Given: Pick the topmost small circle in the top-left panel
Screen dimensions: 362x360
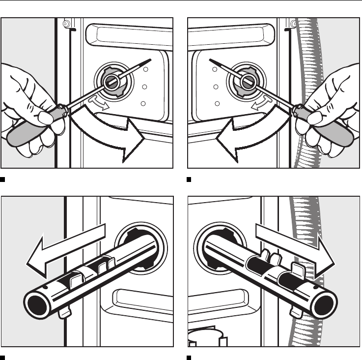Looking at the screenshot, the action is click(145, 70).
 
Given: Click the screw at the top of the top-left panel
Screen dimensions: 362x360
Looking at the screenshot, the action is click(65, 22).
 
